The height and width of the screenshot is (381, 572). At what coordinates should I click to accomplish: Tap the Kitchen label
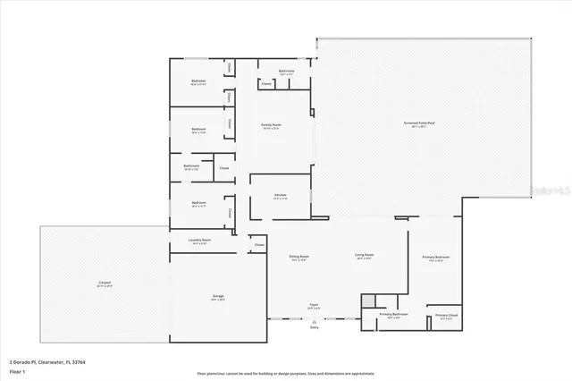pyautogui.click(x=280, y=194)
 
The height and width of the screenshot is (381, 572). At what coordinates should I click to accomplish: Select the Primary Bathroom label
pyautogui.click(x=393, y=315)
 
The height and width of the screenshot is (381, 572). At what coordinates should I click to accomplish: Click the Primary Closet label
pyautogui.click(x=446, y=316)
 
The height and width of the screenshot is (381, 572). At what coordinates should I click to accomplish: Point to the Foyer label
pyautogui.click(x=314, y=305)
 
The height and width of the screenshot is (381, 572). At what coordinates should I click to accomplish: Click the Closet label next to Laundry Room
pyautogui.click(x=259, y=244)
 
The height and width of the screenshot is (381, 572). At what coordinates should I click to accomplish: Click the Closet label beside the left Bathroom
pyautogui.click(x=223, y=167)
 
